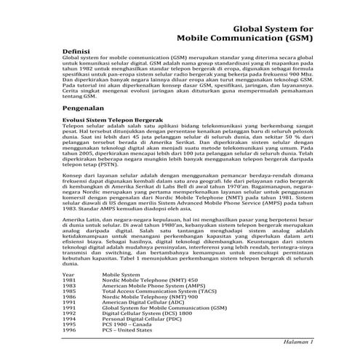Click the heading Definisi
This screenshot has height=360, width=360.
pyautogui.click(x=80, y=52)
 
